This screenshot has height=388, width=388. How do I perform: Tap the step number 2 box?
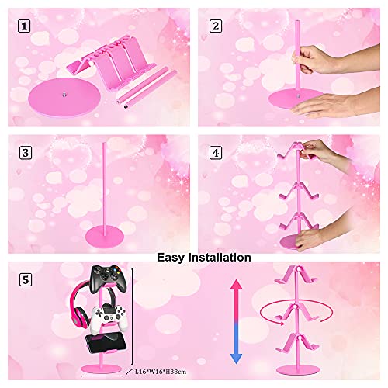[214, 26]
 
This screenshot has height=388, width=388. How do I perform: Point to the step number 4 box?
[214, 153]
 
